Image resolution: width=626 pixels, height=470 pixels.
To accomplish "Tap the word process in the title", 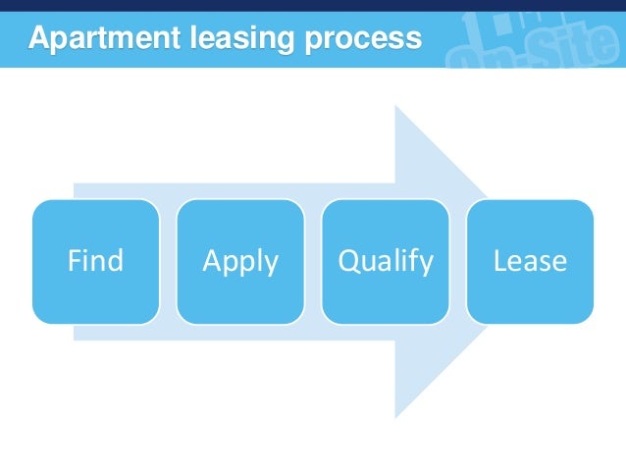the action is click(x=362, y=40).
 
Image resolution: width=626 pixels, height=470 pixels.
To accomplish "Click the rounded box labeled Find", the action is click(x=95, y=262).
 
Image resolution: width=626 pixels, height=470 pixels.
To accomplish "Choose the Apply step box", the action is click(x=240, y=262).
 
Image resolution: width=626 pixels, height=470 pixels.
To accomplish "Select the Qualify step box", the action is click(x=385, y=262).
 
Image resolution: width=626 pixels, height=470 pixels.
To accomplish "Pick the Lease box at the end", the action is click(x=530, y=262).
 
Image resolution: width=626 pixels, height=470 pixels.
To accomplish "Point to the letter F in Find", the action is click(x=73, y=261).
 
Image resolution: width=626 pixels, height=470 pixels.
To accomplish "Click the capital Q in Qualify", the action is click(x=347, y=261).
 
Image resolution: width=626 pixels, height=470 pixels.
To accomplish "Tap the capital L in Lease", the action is click(x=498, y=261).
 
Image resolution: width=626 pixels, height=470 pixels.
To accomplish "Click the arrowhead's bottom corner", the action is click(x=395, y=416).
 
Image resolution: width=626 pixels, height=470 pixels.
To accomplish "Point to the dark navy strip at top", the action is click(x=313, y=5).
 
